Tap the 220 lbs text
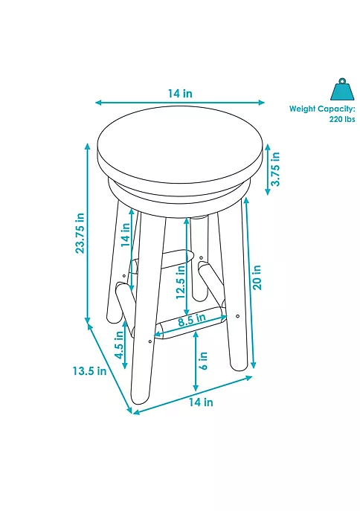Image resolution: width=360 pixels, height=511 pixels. coord(342,118)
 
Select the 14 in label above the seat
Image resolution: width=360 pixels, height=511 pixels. coord(180,94)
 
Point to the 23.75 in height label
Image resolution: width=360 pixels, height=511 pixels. coord(81,234)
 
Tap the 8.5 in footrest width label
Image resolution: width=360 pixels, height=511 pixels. coord(191,321)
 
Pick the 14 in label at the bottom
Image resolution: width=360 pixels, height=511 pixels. coord(200,402)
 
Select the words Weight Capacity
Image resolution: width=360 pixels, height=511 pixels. coord(323,109)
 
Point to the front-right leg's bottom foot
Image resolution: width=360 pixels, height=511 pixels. coord(238,364)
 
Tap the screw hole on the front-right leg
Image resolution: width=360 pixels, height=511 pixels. coord(237,318)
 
